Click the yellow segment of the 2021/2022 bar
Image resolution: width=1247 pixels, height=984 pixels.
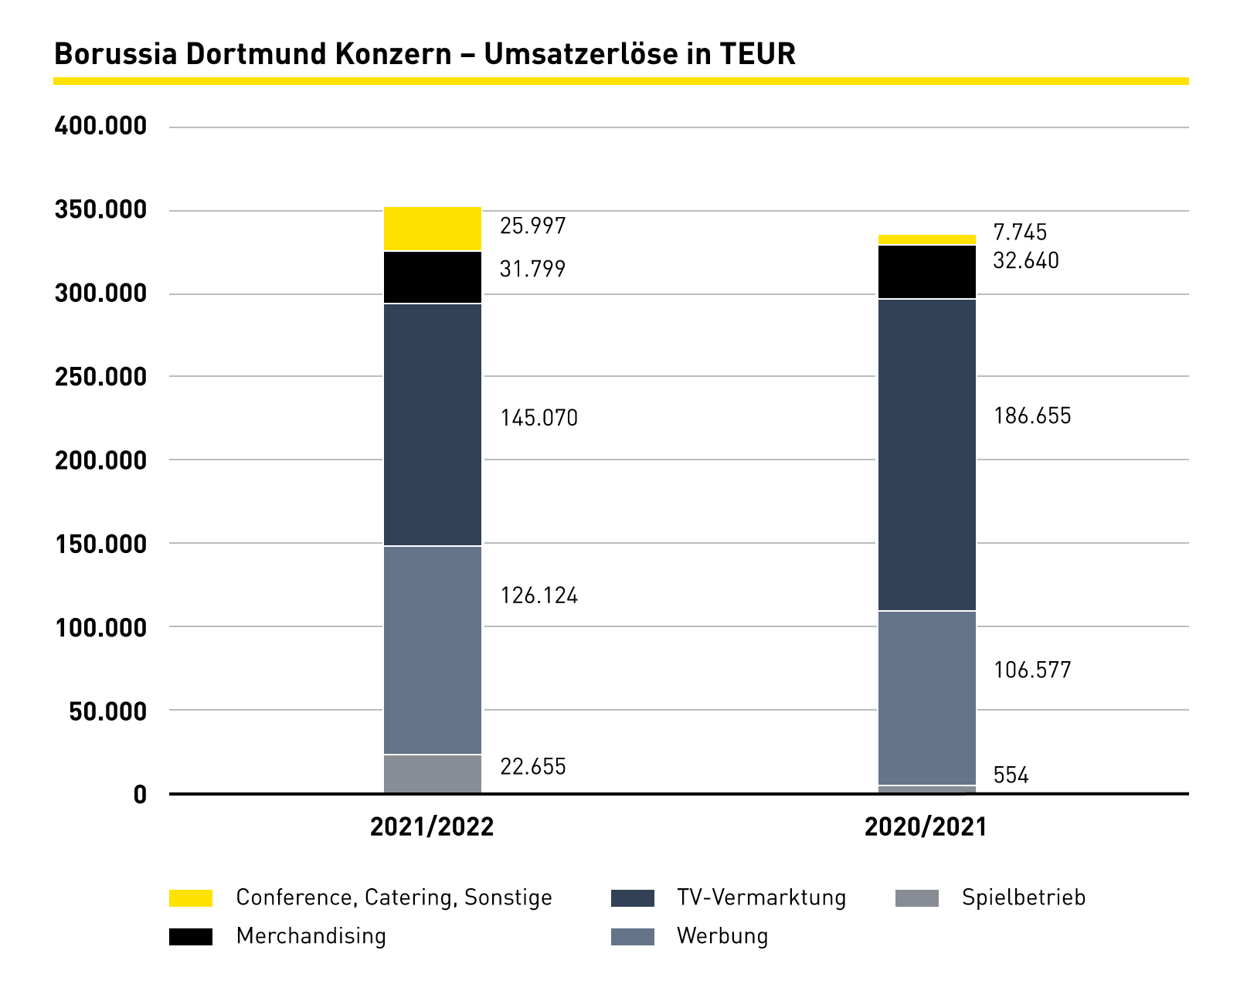coord(433,229)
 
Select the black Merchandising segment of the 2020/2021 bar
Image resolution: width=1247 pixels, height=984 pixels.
coord(926,272)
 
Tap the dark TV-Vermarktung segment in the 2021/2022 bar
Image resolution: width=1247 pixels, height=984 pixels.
coord(433,425)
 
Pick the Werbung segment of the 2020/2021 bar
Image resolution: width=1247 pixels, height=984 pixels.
coord(926,697)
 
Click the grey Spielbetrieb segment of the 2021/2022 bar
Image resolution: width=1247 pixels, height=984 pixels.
coord(433,773)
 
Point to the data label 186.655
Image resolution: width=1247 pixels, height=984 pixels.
coord(1032,416)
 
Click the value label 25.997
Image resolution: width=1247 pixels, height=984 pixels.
coord(532,226)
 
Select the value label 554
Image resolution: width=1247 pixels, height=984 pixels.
coord(1011,775)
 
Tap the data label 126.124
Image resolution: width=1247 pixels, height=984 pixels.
coord(539,595)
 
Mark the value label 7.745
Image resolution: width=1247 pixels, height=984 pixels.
coord(1020,232)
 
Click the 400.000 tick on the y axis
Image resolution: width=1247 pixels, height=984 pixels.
coord(100,126)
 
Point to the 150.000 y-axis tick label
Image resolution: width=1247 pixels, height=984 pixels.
coord(100,544)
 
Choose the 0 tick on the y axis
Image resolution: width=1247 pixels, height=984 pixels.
coord(140,795)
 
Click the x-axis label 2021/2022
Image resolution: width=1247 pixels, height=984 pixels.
coord(432,827)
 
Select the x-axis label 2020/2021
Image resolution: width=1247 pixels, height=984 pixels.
coord(926,827)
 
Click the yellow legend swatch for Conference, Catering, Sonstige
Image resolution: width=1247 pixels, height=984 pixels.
coord(191,898)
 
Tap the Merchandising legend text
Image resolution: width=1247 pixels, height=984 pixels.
coord(311,936)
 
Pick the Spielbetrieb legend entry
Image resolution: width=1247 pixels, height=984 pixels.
coord(1023,897)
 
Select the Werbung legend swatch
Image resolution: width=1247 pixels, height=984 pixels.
coord(632,937)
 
